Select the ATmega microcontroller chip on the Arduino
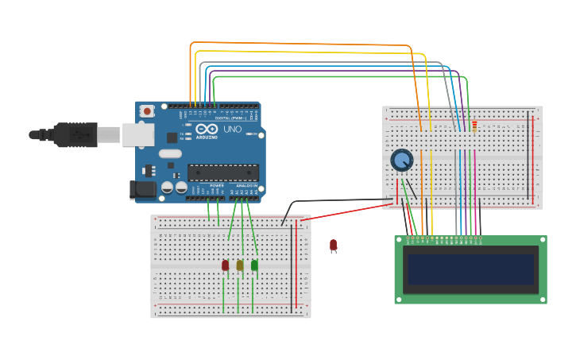[x=223, y=172]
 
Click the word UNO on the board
[x=233, y=130]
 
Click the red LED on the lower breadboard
[x=225, y=265]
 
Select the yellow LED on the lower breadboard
[x=239, y=265]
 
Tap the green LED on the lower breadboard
[x=254, y=265]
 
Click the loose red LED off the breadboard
[x=333, y=245]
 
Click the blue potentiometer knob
[x=402, y=161]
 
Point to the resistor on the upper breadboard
[x=474, y=126]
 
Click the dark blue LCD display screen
[x=470, y=269]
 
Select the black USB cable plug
[x=75, y=135]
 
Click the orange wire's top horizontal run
[x=302, y=44]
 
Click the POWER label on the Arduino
[x=217, y=185]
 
